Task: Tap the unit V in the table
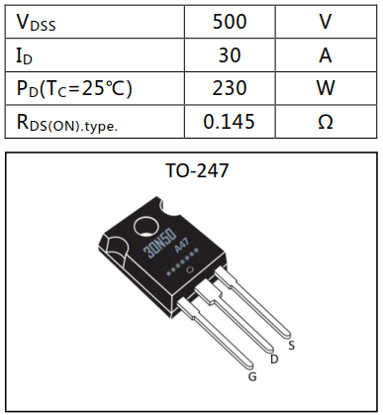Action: point(325,21)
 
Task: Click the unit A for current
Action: point(325,54)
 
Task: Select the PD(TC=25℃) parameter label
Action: point(74,88)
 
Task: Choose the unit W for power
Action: point(325,88)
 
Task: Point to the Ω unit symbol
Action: point(325,122)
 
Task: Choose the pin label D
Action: point(273,359)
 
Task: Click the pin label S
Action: point(291,345)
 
